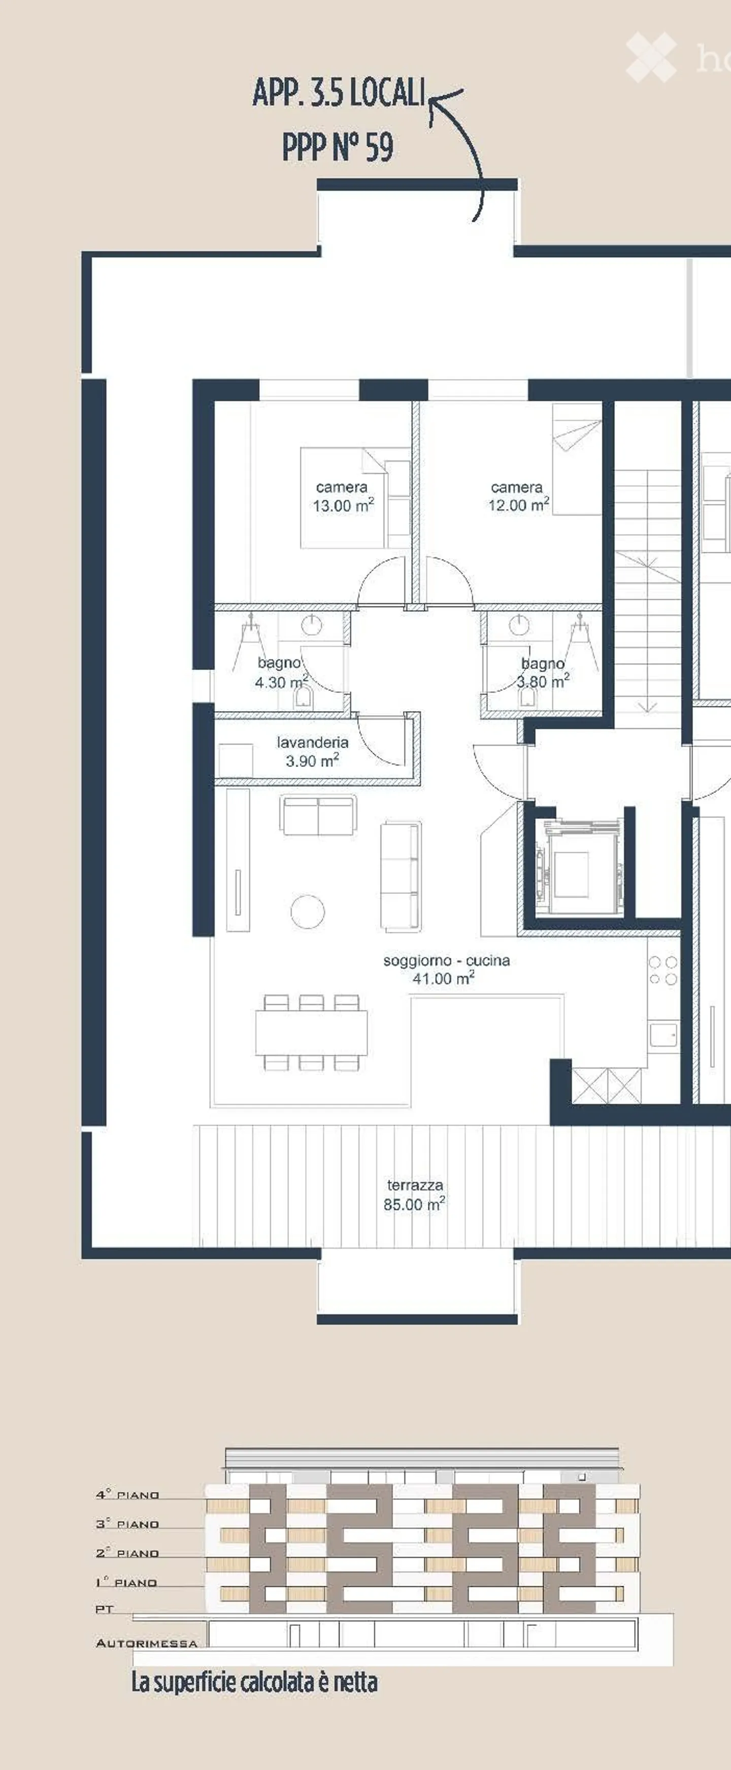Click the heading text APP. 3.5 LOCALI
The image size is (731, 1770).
click(340, 93)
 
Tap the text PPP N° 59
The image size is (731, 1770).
click(338, 147)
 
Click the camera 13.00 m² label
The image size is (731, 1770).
click(343, 496)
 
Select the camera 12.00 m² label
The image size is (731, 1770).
click(518, 496)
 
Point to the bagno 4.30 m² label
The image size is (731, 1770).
click(280, 672)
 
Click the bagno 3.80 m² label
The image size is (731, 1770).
click(543, 673)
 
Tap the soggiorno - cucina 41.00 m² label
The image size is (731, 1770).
click(446, 969)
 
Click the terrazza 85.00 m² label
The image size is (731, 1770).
click(414, 1194)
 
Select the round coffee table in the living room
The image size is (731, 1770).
click(307, 912)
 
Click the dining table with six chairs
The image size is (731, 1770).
click(311, 1032)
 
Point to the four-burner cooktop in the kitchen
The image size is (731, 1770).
click(663, 970)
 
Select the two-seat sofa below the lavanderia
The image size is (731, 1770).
click(319, 815)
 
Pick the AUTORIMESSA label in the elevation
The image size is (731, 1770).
click(146, 1643)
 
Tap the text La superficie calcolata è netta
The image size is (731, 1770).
click(254, 1682)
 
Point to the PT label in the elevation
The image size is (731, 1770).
click(105, 1609)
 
